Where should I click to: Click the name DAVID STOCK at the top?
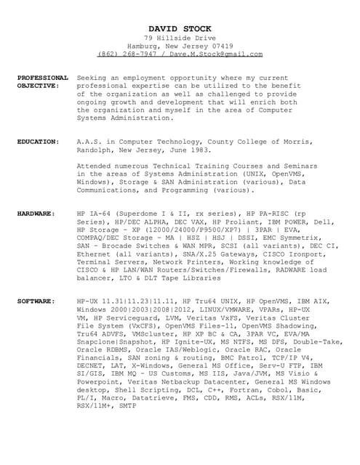(180, 27)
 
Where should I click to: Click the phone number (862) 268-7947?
(128, 53)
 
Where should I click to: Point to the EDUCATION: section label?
(39, 141)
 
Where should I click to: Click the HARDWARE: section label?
(36, 214)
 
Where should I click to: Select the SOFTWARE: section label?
(36, 300)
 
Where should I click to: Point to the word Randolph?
(95, 149)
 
